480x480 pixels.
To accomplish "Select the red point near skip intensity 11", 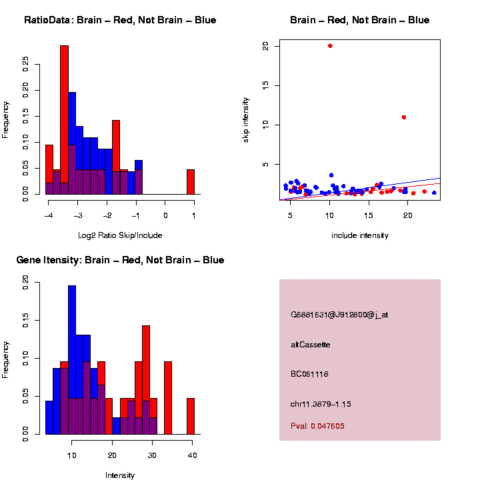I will (404, 117).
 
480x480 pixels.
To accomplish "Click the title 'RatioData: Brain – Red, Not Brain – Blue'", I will (120, 20).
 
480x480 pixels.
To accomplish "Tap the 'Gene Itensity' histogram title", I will (120, 260).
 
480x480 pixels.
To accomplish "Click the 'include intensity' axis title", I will (360, 235).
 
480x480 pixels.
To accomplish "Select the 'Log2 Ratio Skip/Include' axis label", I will (120, 235).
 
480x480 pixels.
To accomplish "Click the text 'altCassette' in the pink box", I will (311, 345).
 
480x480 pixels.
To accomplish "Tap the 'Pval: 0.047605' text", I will (318, 425).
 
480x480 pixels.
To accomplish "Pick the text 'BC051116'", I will (309, 374).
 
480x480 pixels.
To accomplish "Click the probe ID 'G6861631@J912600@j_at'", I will (339, 315).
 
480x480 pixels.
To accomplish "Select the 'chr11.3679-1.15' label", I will (321, 404).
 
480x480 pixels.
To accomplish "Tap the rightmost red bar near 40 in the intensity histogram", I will (191, 416).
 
